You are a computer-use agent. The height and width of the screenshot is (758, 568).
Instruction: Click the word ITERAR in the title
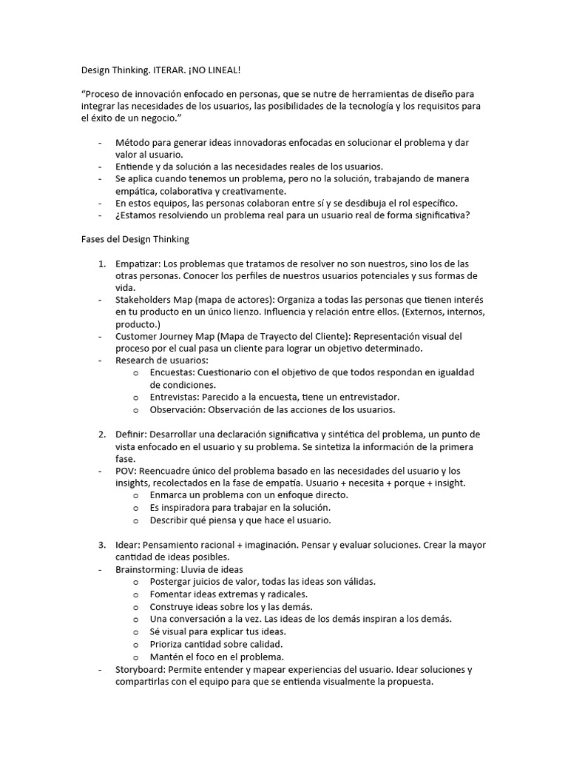coord(172,70)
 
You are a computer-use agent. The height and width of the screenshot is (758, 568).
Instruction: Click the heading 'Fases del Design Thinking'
coord(135,239)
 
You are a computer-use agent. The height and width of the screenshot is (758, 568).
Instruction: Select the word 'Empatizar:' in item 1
coord(138,264)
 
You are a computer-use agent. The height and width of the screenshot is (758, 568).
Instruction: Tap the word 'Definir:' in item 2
coord(132,434)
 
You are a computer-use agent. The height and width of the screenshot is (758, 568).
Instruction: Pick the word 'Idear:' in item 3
coord(129,545)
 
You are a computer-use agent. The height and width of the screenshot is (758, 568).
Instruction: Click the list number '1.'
coord(102,264)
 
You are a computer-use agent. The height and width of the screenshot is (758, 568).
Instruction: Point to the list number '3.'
coord(102,545)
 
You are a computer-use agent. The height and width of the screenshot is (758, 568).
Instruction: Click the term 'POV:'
coord(126,471)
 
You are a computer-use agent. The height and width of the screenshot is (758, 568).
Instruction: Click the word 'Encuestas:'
coord(174,372)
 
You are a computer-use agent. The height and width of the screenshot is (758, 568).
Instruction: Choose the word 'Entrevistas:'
coord(176,398)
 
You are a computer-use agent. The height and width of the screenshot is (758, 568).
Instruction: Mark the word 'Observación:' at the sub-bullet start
coord(177,409)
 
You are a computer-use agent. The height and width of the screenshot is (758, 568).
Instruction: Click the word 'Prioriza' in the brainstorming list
coord(169,644)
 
